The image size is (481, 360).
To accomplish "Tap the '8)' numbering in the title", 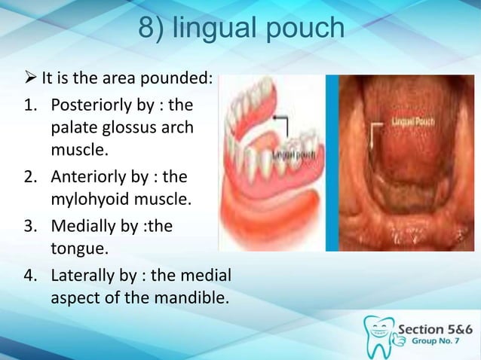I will tap(153, 29).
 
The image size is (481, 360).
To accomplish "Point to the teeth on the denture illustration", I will tap(260, 158).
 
